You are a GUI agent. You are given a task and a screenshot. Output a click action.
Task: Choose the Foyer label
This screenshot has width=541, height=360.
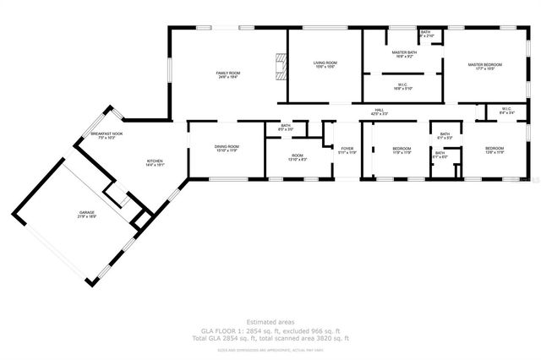347,150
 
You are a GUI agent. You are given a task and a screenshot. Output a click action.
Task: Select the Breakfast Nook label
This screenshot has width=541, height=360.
107,135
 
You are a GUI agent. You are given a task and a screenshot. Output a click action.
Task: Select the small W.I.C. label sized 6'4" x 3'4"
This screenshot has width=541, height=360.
506,110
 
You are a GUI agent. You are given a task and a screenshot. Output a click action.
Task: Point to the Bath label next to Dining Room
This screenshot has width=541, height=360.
286,128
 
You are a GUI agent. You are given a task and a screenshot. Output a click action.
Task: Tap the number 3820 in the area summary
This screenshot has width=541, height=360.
324,337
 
